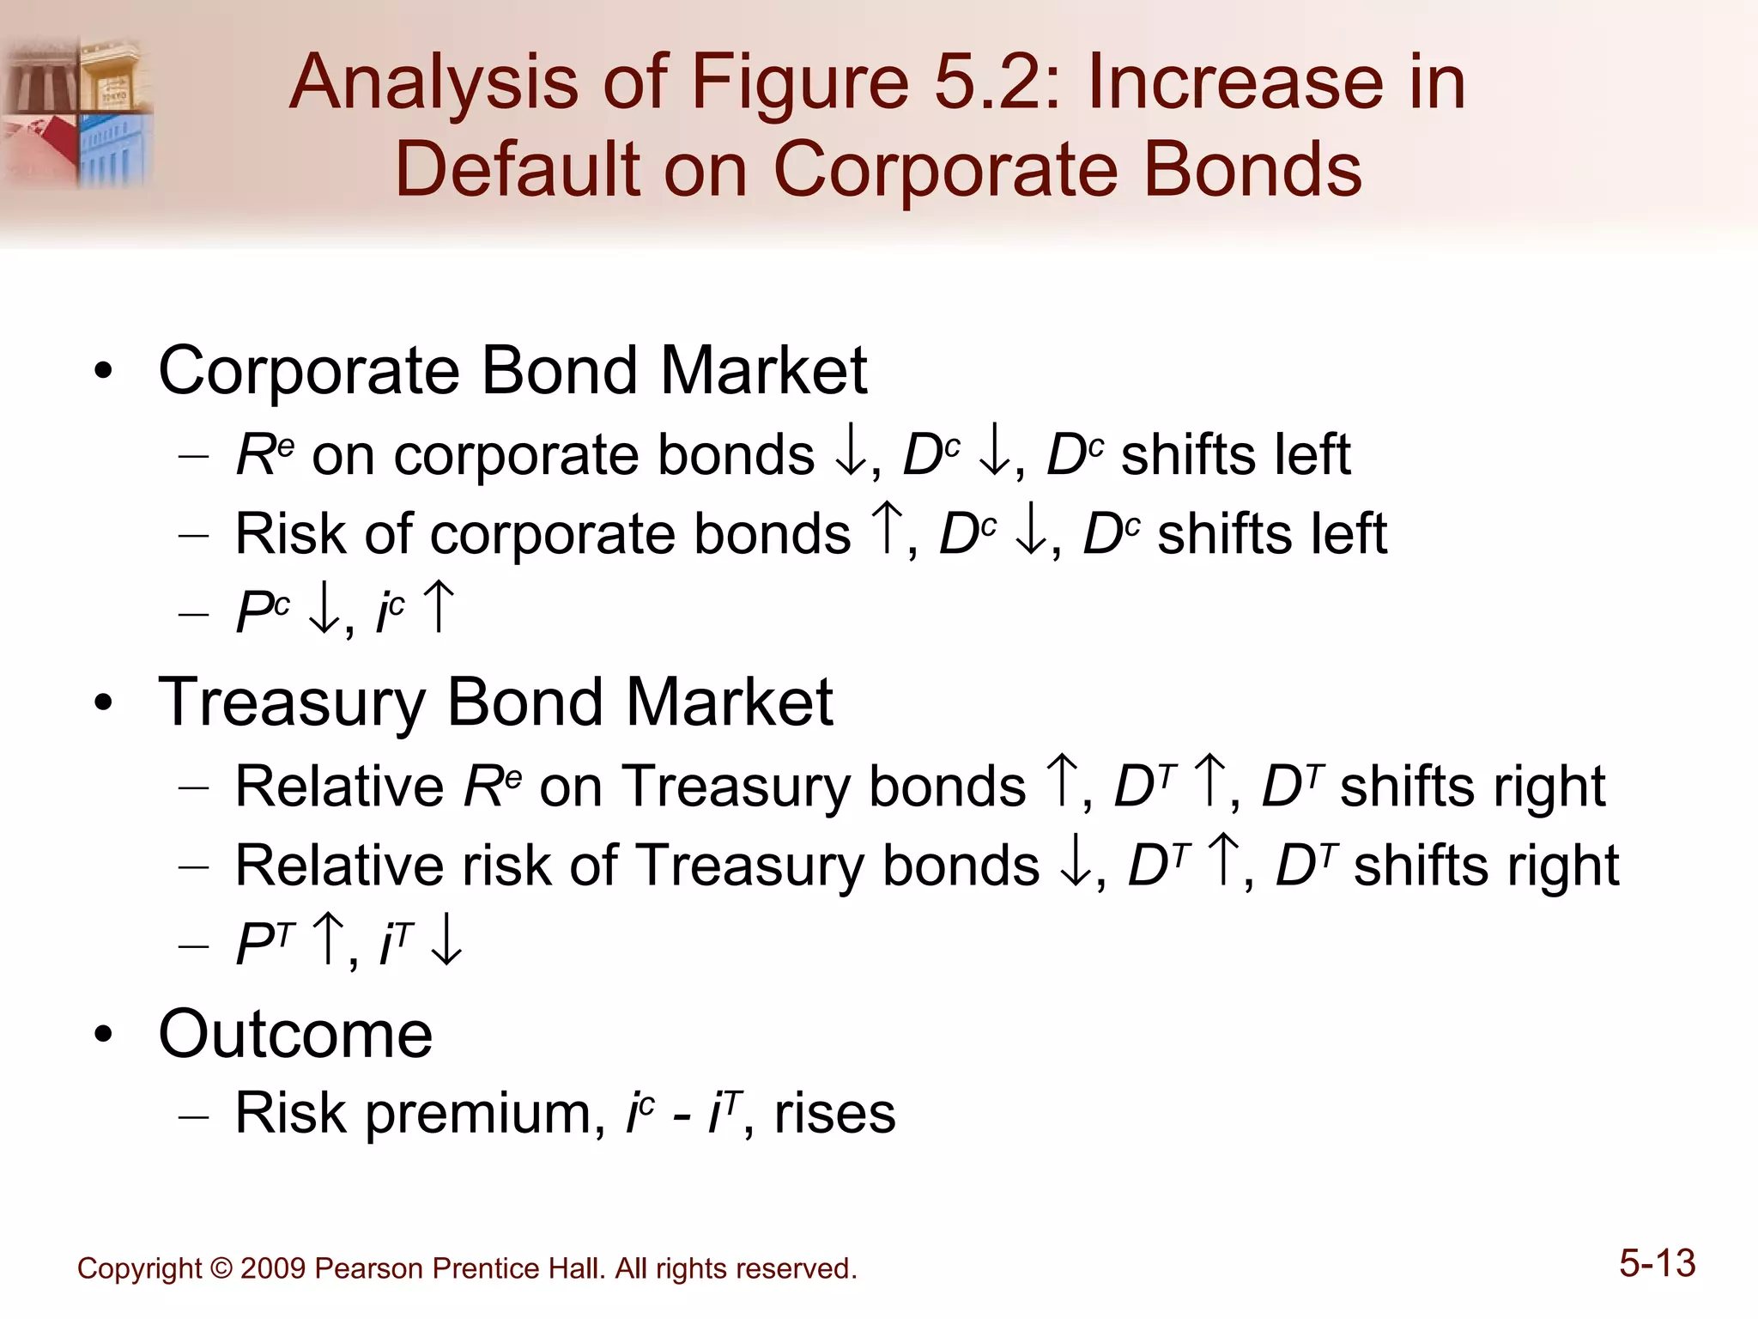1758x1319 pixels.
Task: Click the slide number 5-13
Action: click(1657, 1264)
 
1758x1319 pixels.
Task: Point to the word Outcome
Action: click(295, 1034)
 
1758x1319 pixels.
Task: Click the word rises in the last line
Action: click(834, 1114)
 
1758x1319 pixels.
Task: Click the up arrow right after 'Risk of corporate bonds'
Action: click(887, 531)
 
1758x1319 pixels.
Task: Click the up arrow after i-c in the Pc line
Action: click(439, 608)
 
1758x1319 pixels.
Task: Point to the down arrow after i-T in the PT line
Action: click(446, 941)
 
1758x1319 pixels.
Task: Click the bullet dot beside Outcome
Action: click(104, 1035)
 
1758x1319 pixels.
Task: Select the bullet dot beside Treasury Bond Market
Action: click(104, 703)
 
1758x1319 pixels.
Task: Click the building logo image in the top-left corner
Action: click(77, 112)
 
